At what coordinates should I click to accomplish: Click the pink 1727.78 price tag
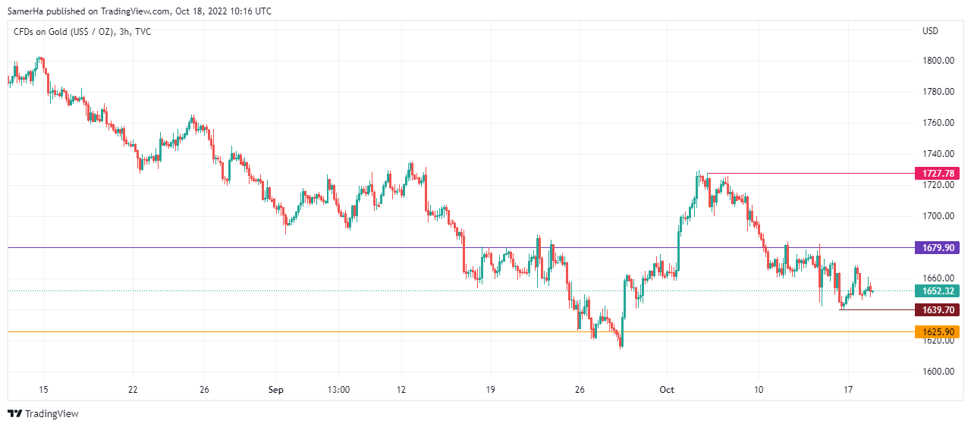[x=938, y=174]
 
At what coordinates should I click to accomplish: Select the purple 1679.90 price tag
[x=938, y=247]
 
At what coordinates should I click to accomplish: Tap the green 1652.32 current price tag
[x=938, y=290]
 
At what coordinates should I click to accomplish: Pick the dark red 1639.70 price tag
[x=938, y=309]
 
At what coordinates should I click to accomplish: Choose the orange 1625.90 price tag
[x=938, y=331]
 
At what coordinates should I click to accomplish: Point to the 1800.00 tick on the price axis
[x=938, y=61]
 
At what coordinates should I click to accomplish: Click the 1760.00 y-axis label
[x=938, y=123]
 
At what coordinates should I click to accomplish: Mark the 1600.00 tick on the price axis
[x=938, y=372]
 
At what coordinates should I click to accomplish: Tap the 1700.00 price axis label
[x=938, y=216]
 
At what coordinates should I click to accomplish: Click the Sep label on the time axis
[x=276, y=390]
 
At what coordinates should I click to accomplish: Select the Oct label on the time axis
[x=667, y=390]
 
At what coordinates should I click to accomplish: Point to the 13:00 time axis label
[x=338, y=390]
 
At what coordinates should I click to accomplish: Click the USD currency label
[x=930, y=31]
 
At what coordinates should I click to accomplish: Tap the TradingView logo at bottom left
[x=43, y=414]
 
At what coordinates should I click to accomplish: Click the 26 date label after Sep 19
[x=580, y=390]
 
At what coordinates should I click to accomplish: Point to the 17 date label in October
[x=848, y=390]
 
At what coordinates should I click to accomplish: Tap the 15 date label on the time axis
[x=43, y=390]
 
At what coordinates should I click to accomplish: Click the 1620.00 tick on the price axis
[x=938, y=341]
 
